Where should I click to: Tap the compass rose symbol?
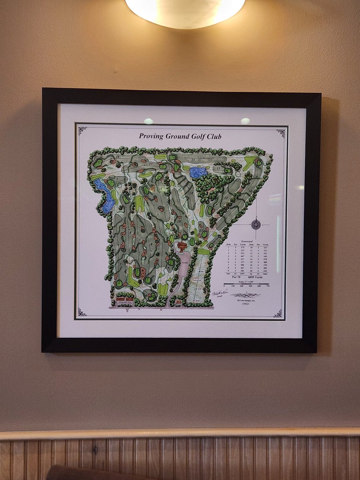coord(256,224)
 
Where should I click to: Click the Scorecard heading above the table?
coord(247,242)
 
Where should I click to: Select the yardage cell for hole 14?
coord(265,260)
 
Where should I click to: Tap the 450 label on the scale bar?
coord(251,286)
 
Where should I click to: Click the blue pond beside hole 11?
coord(198,172)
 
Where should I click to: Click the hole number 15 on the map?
coord(193,160)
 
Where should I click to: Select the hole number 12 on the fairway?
coord(226,197)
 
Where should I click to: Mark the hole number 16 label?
coord(117,156)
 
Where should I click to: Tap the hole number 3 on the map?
coord(120,264)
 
